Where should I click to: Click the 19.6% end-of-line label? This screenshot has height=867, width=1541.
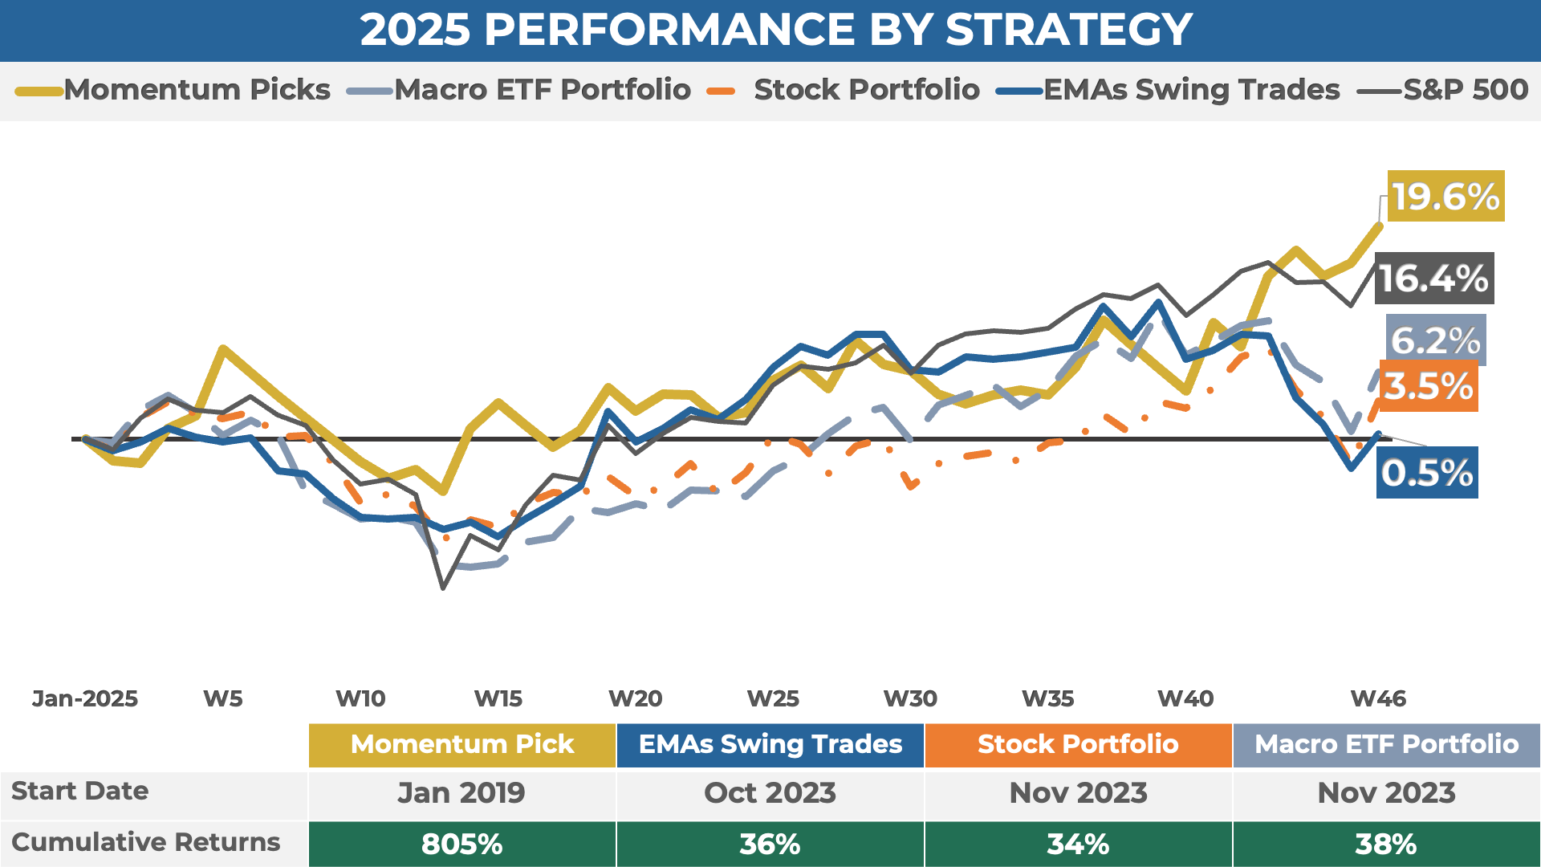1445,197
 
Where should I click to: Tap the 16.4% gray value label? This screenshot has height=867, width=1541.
1434,279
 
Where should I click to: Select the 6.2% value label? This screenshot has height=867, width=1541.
1436,340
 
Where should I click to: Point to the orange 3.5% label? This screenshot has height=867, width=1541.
1429,387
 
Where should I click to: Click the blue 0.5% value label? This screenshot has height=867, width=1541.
1427,473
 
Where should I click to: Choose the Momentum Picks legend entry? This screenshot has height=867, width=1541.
173,90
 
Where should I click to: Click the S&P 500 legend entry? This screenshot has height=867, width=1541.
1442,90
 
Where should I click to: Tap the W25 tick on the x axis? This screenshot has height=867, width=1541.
773,698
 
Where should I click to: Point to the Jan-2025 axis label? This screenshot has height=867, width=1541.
85,698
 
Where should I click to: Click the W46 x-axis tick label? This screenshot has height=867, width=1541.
1378,698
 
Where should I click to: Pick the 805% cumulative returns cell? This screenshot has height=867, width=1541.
461,844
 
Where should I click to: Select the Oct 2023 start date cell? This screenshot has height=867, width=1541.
770,793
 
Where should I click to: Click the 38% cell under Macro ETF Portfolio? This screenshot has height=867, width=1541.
1386,844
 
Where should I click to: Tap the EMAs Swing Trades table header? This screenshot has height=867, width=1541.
770,744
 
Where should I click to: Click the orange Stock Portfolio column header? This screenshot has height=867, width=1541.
1078,744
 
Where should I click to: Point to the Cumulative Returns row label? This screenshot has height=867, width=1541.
146,842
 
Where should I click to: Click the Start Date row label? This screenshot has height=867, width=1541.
80,791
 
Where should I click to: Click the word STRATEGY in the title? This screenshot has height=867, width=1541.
1068,30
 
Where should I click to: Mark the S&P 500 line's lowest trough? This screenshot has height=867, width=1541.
443,588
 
